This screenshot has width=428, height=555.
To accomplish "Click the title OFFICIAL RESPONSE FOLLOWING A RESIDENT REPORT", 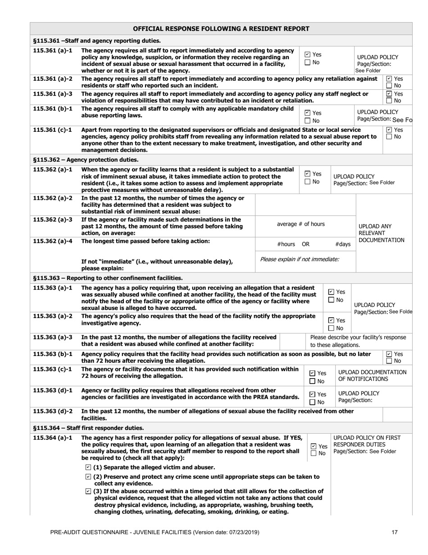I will [x=221, y=29].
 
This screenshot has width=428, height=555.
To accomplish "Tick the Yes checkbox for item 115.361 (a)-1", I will [x=307, y=55].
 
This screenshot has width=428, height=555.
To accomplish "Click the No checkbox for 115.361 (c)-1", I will [x=389, y=137].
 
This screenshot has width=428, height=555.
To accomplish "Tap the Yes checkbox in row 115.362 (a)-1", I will [x=307, y=174].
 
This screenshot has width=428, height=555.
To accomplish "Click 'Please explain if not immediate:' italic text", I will [x=300, y=259].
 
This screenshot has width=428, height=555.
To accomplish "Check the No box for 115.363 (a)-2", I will [x=332, y=328].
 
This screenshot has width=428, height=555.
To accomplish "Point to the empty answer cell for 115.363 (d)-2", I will [x=397, y=418].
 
